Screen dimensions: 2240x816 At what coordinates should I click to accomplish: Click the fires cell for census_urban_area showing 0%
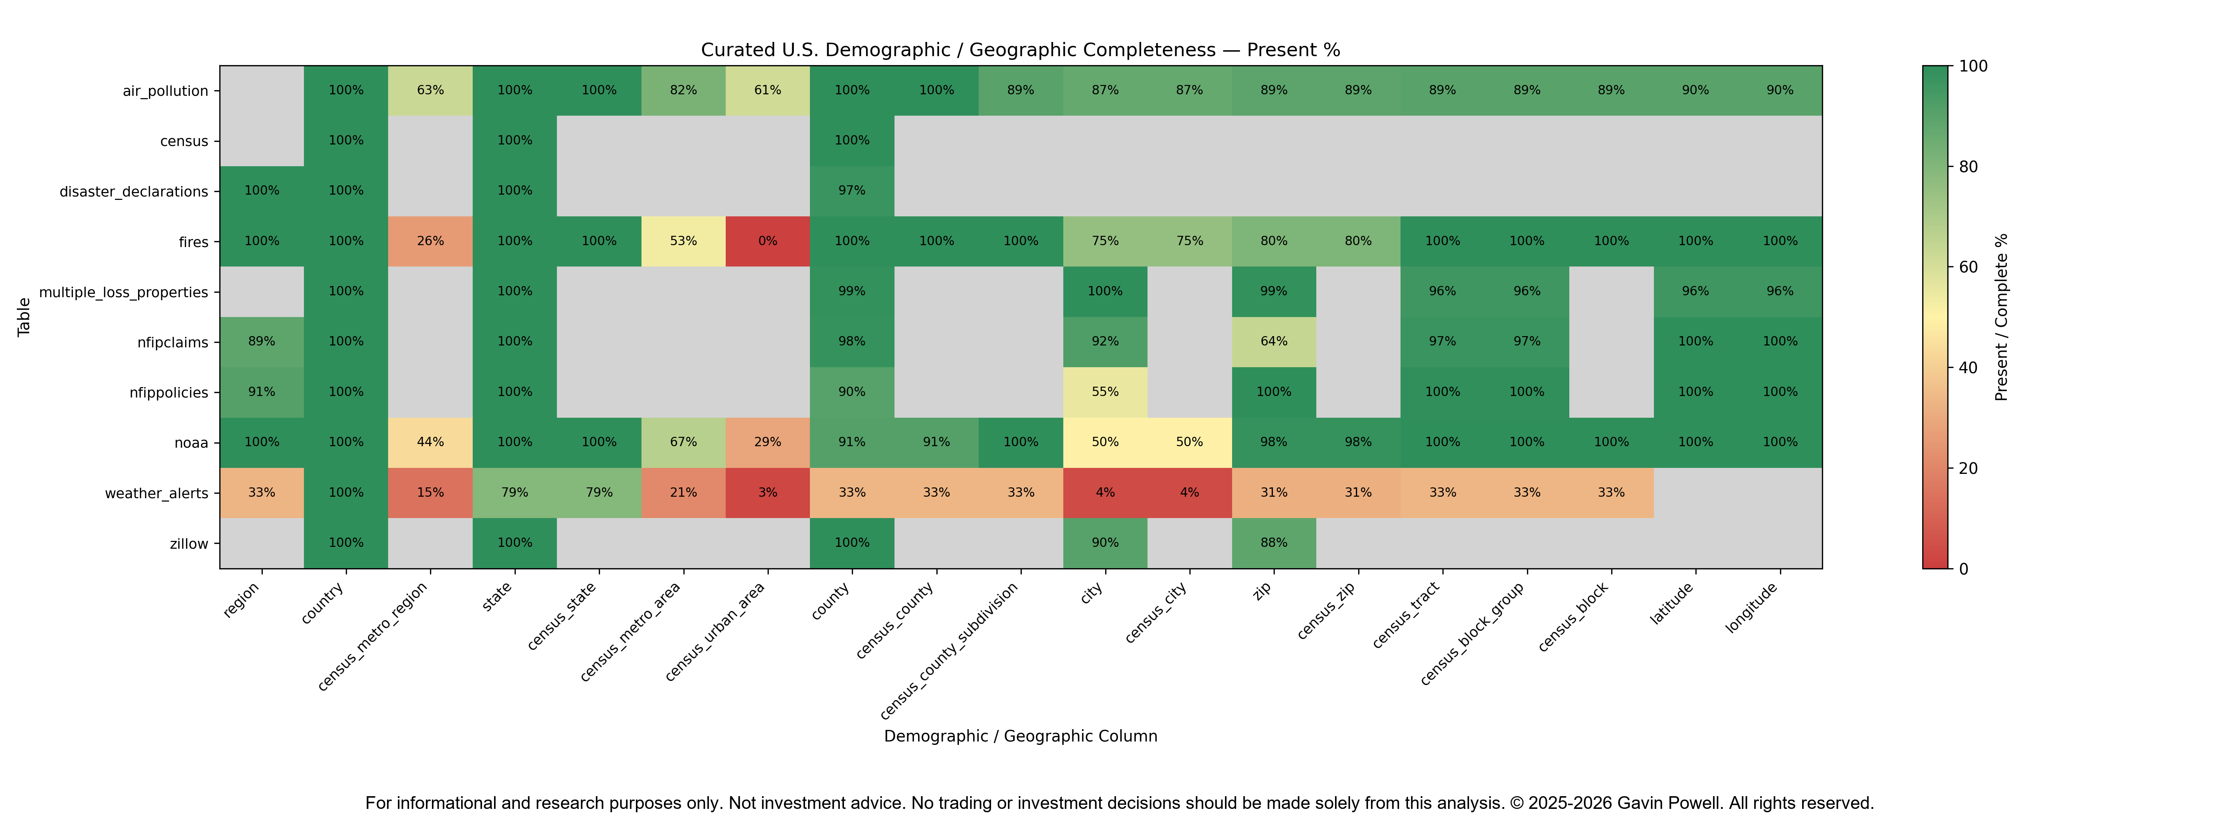click(768, 241)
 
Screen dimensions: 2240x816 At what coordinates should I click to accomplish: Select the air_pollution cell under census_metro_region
click(430, 91)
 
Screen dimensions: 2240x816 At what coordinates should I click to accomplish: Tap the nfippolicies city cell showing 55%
click(1105, 392)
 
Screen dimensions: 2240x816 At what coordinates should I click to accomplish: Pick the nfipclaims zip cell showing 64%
click(1274, 342)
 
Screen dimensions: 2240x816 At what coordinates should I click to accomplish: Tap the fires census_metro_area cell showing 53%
click(683, 241)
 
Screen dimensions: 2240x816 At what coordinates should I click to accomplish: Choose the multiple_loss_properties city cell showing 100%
click(1105, 292)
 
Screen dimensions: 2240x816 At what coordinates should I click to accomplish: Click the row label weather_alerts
click(156, 493)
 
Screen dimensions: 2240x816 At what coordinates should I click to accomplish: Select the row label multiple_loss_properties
click(124, 292)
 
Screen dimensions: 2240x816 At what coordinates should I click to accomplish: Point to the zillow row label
click(189, 544)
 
